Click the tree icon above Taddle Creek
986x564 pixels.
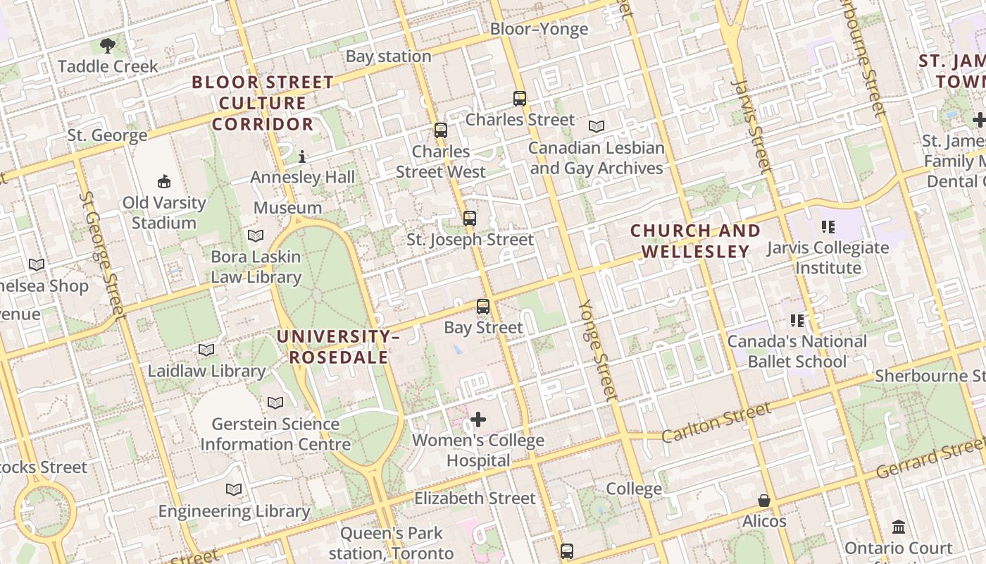(108, 47)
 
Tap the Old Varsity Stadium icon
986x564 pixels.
(164, 182)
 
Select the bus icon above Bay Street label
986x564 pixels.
(482, 307)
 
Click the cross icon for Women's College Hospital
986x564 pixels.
(478, 420)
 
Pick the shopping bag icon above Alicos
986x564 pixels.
(764, 501)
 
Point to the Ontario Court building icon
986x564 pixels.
(898, 527)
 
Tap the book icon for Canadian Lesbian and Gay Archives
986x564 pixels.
(597, 127)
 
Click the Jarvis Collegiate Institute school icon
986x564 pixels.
(828, 227)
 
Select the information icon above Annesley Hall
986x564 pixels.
(302, 157)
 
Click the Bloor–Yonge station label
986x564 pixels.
(539, 29)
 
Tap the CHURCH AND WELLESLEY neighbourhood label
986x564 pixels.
(695, 241)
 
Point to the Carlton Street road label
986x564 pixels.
(716, 423)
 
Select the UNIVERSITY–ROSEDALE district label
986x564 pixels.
(338, 347)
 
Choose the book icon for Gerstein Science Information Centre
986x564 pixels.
(275, 403)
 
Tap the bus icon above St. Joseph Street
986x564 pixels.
(470, 219)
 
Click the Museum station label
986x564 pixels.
(287, 208)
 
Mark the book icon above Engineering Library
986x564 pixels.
(234, 490)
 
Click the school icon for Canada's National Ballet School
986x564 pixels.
(797, 321)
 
